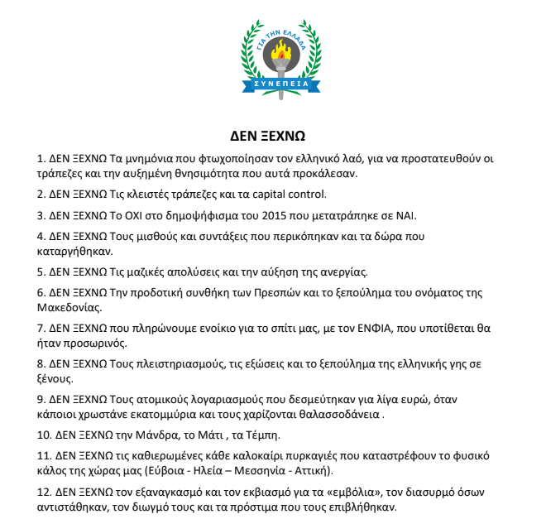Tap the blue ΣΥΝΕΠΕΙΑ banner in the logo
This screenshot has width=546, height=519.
(x=283, y=83)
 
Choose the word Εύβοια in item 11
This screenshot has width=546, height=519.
(x=169, y=471)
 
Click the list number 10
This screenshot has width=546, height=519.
(x=45, y=435)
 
